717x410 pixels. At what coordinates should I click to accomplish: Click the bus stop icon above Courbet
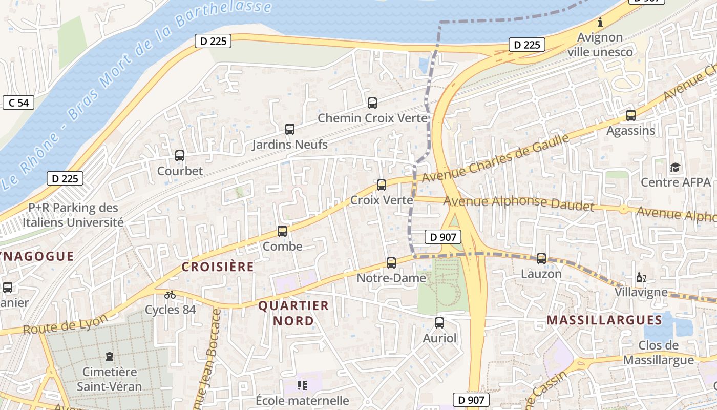pos(179,156)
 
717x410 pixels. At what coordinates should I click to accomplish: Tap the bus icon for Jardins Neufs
pos(290,129)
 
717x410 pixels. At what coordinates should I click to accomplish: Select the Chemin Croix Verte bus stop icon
pos(372,102)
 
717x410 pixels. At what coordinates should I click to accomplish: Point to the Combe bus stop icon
pos(282,231)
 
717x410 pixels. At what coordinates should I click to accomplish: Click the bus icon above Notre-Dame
pos(391,263)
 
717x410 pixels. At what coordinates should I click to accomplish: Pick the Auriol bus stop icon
pos(439,323)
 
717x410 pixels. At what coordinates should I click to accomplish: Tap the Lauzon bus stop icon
pos(541,259)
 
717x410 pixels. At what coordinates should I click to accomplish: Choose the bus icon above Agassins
pos(631,115)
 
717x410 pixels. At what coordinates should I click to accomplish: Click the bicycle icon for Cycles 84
pos(170,295)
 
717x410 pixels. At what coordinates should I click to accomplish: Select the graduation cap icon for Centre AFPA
pos(676,167)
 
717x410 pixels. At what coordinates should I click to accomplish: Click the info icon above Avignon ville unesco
pos(600,23)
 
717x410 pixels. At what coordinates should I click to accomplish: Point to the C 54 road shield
pos(18,102)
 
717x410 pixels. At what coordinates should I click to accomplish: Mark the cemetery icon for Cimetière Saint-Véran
pos(109,356)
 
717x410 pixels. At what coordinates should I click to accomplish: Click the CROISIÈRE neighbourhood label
pos(218,266)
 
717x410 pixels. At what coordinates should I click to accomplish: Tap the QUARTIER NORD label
pos(293,313)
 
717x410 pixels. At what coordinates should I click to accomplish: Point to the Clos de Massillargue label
pos(659,353)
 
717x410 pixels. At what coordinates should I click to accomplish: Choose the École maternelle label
pos(303,400)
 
